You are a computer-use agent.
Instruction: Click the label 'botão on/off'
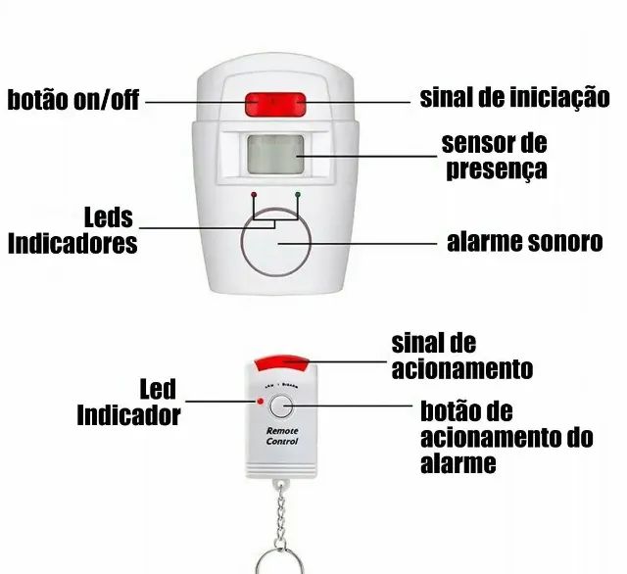click(74, 100)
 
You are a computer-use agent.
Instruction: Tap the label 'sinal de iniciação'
click(514, 98)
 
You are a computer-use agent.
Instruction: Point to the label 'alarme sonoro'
click(524, 241)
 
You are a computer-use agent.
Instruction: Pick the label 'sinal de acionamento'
click(461, 356)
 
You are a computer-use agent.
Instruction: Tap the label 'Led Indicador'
click(129, 402)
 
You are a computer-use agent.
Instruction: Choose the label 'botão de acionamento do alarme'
click(506, 436)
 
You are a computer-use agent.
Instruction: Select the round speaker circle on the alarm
click(275, 242)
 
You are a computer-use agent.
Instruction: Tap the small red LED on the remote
click(260, 402)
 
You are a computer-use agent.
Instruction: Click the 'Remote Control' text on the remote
click(281, 436)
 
